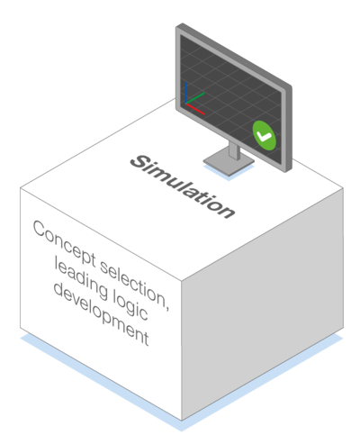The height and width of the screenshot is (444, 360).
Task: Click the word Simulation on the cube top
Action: [183, 186]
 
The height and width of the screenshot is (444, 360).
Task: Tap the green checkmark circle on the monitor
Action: [264, 136]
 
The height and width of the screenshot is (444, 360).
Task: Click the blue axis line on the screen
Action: [186, 93]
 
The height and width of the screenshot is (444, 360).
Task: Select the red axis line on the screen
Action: [195, 109]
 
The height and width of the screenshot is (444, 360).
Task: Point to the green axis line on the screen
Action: [195, 98]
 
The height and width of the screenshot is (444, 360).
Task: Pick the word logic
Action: [130, 306]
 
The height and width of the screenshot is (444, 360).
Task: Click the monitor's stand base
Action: [229, 162]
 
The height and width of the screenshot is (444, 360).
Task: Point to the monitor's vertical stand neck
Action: [234, 150]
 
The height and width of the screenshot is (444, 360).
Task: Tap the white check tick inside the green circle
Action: [265, 137]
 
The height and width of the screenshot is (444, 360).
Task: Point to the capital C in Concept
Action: [40, 229]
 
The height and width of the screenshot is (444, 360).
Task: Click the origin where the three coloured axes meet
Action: [186, 104]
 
